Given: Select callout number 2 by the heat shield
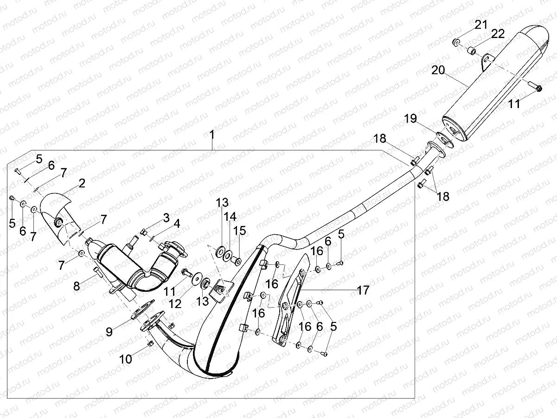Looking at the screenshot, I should click(82, 183).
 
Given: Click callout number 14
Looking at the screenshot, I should click(230, 216).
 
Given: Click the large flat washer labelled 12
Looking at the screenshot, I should click(197, 279).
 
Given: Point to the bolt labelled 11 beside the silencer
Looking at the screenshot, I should click(537, 88).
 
